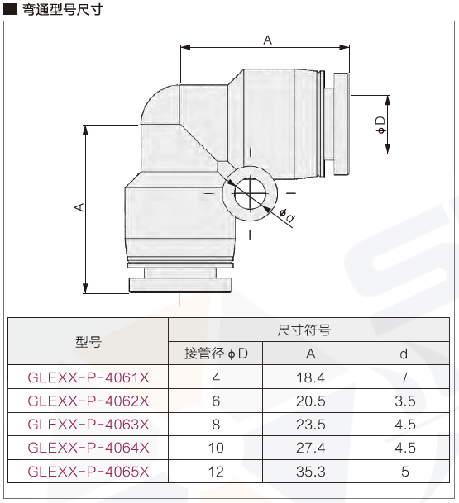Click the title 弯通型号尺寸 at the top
[x=63, y=9]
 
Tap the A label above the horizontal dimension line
[x=268, y=40]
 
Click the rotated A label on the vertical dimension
[x=79, y=207]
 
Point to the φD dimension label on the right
[x=381, y=125]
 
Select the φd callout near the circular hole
[x=287, y=216]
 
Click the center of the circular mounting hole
[x=251, y=193]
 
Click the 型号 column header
[x=88, y=342]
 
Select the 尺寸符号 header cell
[x=304, y=330]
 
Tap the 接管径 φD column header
[x=216, y=354]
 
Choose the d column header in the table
[x=404, y=354]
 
